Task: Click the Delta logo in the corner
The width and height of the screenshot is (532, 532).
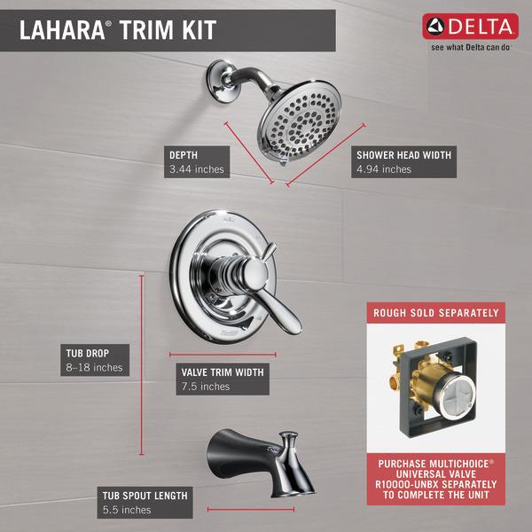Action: click(470, 27)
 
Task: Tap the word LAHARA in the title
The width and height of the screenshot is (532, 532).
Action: click(62, 30)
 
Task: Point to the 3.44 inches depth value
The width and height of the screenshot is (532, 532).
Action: click(197, 169)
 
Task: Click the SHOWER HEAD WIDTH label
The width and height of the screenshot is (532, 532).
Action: click(403, 155)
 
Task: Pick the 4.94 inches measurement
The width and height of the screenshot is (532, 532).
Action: click(384, 169)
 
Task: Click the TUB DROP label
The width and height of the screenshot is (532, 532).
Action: click(88, 353)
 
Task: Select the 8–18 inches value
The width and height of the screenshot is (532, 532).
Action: click(94, 367)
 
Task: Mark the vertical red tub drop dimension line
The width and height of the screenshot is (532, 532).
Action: click(142, 364)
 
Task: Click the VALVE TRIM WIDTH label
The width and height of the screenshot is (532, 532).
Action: click(223, 372)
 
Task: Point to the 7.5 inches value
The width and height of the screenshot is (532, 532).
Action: click(206, 387)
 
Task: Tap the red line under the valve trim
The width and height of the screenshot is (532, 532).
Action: click(223, 355)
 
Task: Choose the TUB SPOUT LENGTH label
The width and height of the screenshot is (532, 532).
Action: click(145, 496)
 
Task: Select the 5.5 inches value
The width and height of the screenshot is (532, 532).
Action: click(127, 510)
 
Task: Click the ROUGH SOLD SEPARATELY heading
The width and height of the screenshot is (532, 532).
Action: click(436, 313)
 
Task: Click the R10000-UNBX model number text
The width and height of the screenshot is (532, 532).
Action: click(406, 484)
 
